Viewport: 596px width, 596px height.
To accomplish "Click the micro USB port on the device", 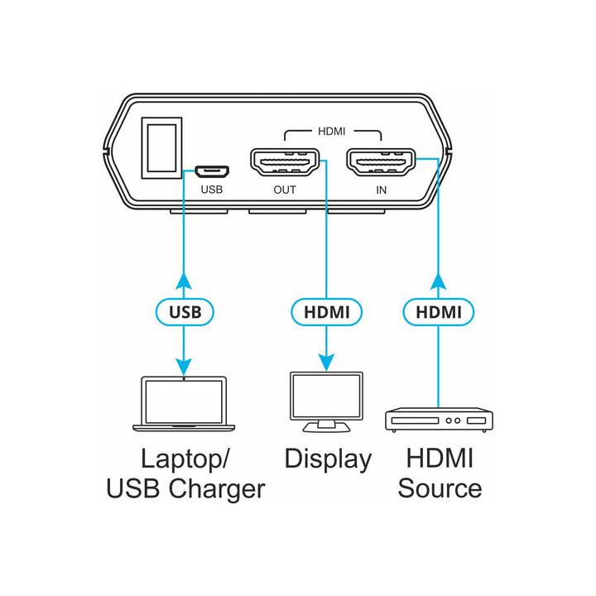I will (x=213, y=171).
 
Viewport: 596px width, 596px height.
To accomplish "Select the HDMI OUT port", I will (x=285, y=162).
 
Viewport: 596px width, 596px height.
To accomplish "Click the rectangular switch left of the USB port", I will (x=161, y=147).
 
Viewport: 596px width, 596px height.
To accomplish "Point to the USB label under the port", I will (x=213, y=190).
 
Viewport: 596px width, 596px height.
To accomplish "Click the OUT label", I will (x=285, y=190).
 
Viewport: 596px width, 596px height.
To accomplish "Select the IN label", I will (x=382, y=190).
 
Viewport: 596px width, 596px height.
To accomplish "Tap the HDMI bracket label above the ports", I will (x=332, y=131).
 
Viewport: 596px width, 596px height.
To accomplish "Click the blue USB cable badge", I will (x=185, y=312).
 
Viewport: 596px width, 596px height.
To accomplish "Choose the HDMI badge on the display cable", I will (x=327, y=312).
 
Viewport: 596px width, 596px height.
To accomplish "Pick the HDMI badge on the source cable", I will (x=439, y=312).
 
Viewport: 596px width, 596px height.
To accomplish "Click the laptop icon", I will (x=184, y=404).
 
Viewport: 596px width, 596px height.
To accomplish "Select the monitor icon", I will (x=327, y=401).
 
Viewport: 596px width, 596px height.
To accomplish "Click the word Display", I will (x=328, y=459).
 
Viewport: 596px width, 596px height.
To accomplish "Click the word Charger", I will (x=218, y=488).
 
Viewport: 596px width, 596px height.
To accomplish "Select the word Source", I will (x=440, y=488).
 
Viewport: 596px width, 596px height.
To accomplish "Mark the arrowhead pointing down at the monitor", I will (x=327, y=363).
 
